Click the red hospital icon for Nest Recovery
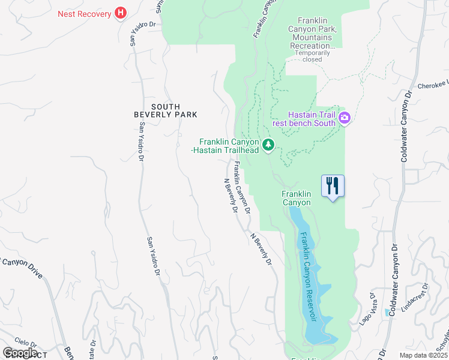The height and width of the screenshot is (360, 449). (121, 13)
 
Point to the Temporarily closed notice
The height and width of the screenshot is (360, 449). (312, 56)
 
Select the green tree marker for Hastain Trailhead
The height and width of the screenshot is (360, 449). (268, 145)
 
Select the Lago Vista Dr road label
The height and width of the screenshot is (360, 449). (367, 308)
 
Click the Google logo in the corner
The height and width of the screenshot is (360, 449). (20, 353)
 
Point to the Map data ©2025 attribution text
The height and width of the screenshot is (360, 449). (423, 355)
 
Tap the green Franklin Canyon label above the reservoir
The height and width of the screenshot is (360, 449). (297, 198)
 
